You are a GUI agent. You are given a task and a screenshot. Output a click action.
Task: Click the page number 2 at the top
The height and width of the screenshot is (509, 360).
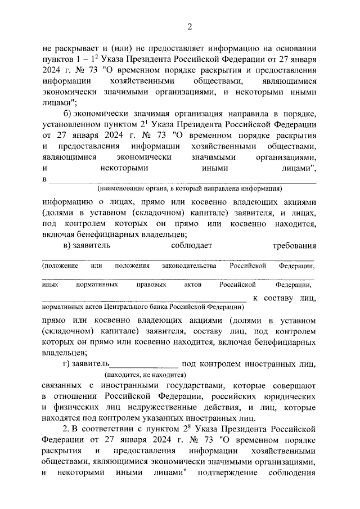[190, 26]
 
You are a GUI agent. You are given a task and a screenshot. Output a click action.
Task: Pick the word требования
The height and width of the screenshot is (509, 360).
[294, 246]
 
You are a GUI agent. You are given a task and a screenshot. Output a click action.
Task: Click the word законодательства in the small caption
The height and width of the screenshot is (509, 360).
[189, 265]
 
